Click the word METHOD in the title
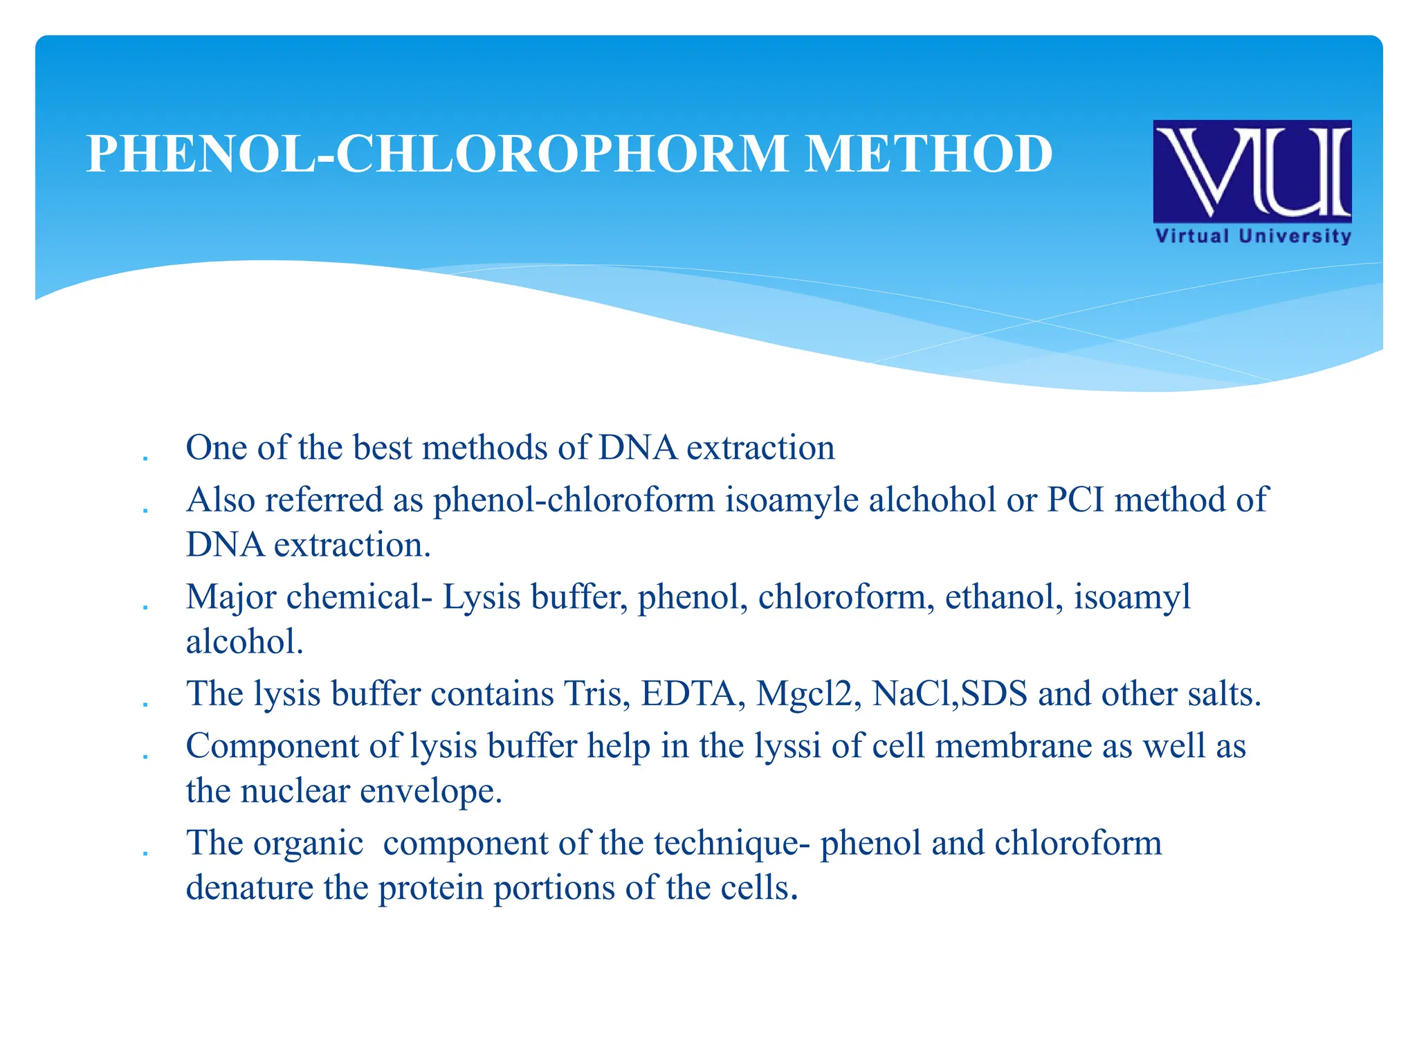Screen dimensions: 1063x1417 point(929,154)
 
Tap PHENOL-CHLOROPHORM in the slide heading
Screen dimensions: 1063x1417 point(437,154)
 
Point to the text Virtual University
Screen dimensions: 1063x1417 point(1253,236)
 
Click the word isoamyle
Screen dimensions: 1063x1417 point(792,500)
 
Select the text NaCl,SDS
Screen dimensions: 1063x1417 point(949,694)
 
